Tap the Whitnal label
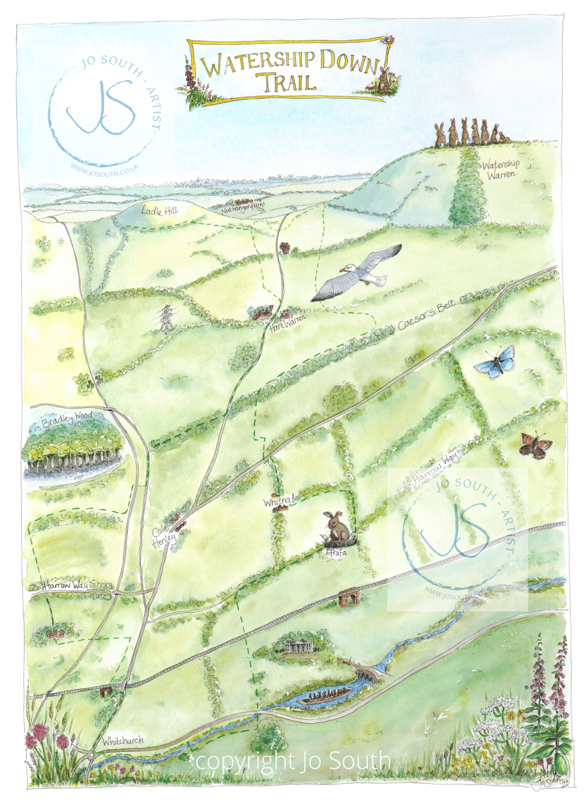(x=280, y=501)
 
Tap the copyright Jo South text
(x=293, y=760)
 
